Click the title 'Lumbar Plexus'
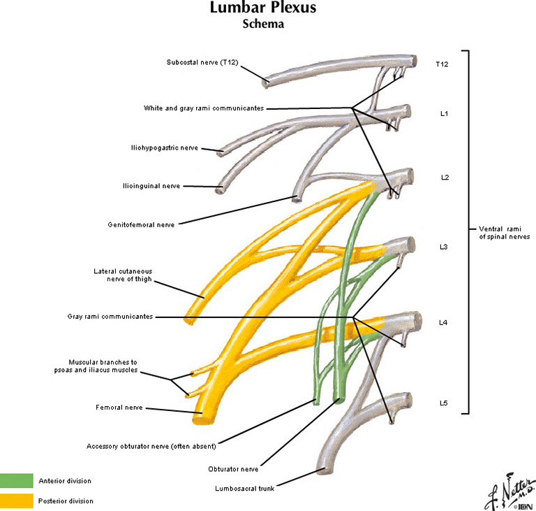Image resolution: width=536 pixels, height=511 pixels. [263, 9]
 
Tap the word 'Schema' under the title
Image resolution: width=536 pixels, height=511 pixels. [263, 24]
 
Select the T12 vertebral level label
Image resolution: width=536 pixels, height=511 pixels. [441, 64]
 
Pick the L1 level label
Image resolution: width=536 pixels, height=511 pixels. [444, 114]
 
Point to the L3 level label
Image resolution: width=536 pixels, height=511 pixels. [444, 247]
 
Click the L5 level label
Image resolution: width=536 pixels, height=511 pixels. [444, 403]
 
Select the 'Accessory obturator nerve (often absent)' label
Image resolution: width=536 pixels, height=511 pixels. [151, 445]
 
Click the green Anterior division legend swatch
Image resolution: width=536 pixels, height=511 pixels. [16, 481]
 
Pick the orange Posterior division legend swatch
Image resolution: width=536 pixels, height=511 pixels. [16, 501]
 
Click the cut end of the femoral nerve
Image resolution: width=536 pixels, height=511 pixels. [201, 418]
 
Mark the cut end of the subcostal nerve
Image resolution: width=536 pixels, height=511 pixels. [267, 82]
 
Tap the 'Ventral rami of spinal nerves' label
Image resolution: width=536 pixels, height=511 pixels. [504, 232]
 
